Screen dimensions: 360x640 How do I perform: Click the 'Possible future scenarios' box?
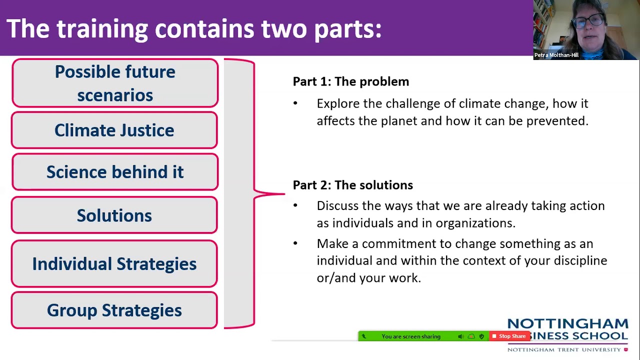tap(115, 83)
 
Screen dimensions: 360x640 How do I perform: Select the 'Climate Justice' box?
tap(114, 130)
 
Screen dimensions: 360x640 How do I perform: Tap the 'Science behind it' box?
tap(115, 172)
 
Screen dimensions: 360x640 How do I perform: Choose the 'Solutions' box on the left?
tap(114, 215)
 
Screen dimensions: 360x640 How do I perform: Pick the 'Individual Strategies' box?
tap(114, 264)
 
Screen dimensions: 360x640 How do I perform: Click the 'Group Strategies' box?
tap(114, 310)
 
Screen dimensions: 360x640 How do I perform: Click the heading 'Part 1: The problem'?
tap(350, 81)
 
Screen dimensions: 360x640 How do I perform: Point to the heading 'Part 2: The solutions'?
tap(352, 185)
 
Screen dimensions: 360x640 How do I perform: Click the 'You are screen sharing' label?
tap(410, 336)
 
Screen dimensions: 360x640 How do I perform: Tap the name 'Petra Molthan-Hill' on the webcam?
tap(556, 55)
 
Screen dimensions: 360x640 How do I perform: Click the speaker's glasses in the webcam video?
tap(586, 21)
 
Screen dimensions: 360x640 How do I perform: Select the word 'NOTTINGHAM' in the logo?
tap(567, 323)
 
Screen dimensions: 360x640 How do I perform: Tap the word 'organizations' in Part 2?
tap(475, 223)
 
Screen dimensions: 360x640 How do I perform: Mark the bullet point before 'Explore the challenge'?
tap(295, 103)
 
